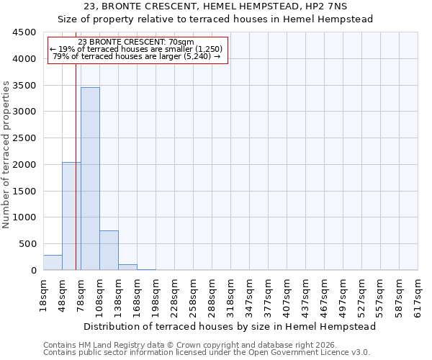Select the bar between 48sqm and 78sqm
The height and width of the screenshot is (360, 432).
point(71,216)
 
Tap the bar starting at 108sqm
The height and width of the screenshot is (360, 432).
point(109,251)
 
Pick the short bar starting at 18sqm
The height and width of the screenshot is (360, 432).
point(53,263)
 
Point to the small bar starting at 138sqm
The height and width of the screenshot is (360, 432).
point(127,267)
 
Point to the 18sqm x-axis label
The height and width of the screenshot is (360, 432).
point(43,293)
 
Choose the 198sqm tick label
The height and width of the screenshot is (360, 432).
point(156,293)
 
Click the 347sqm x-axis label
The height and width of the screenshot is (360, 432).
point(249,293)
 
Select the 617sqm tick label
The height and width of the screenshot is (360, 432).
point(418,293)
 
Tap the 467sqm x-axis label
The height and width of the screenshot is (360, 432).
point(324,293)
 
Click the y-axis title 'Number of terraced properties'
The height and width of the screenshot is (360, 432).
point(6,155)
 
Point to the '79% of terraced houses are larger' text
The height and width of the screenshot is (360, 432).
point(137,56)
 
